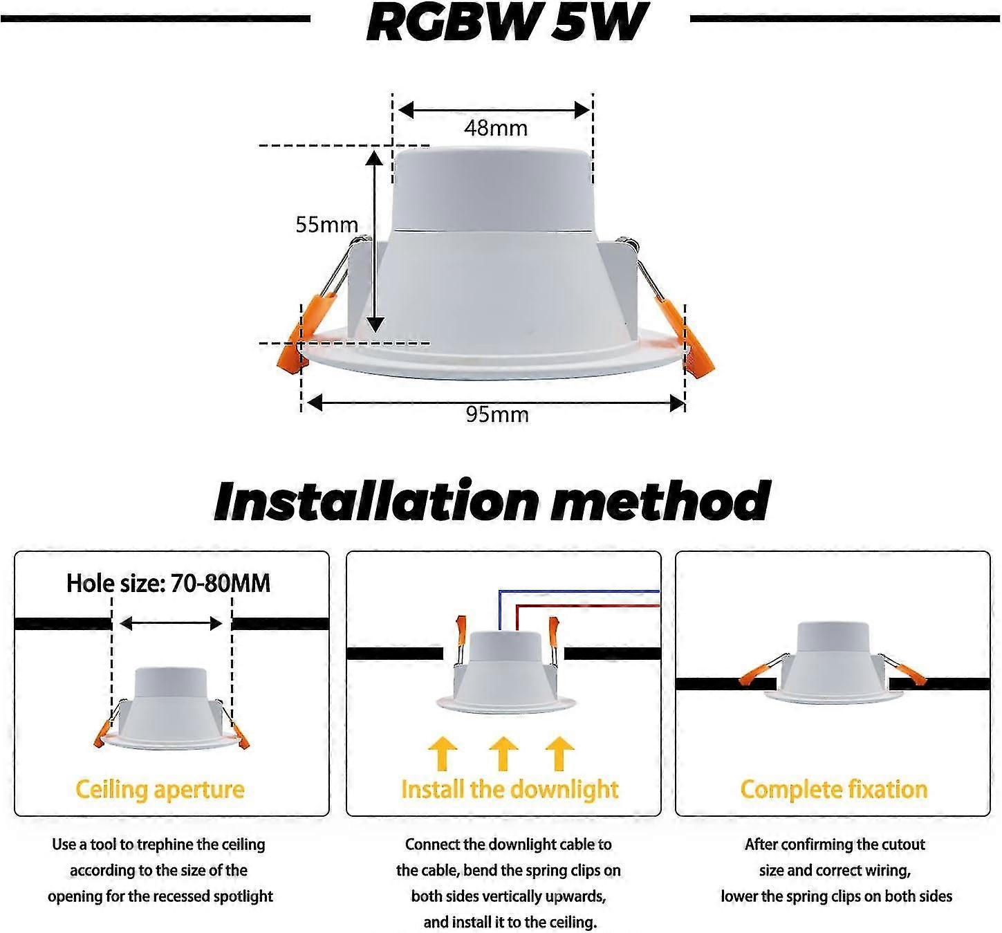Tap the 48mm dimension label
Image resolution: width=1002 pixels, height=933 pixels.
[496, 129]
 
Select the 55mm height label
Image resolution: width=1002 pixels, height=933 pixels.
[326, 225]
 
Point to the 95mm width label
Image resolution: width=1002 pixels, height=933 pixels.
[497, 415]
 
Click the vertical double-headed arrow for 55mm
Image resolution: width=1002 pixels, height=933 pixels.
[374, 242]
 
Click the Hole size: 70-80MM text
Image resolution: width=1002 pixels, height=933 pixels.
[168, 584]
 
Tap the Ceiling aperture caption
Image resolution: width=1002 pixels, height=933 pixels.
[160, 790]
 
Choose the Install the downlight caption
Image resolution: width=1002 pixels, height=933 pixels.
[510, 790]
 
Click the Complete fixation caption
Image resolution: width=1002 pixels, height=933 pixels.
[833, 790]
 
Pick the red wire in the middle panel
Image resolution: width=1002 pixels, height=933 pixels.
[588, 605]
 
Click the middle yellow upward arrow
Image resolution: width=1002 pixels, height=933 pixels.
[503, 753]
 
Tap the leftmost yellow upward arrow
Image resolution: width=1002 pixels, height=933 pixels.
[443, 753]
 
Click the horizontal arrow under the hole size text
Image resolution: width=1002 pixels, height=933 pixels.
[171, 624]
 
